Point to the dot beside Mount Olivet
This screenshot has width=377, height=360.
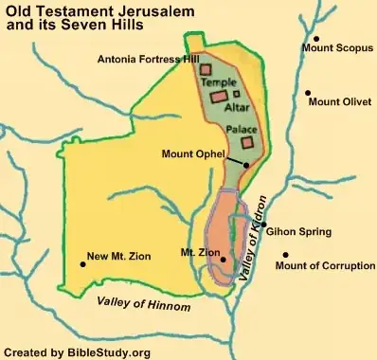(309, 92)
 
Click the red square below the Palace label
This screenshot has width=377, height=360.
(248, 142)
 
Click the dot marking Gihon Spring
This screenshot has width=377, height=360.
(263, 225)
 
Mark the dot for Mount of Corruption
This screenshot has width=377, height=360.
(286, 254)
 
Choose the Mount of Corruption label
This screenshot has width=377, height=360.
(324, 266)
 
